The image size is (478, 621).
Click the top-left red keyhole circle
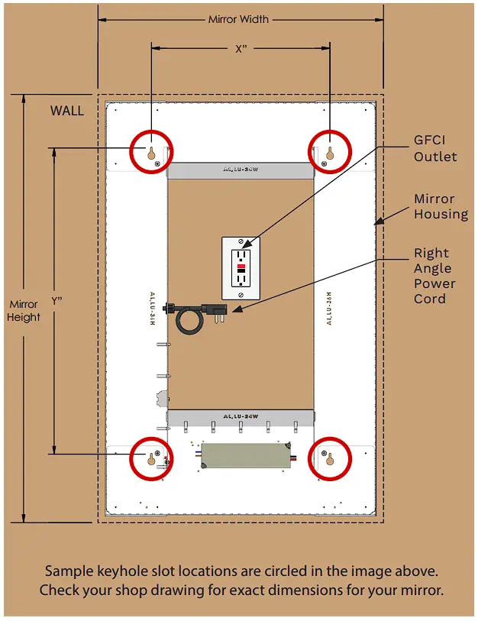[151, 151]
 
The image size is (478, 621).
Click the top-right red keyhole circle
[330, 151]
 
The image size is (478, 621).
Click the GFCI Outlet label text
[435, 149]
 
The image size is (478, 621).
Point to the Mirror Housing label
[441, 206]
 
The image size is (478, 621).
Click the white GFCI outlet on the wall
[242, 267]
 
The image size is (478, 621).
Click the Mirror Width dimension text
[239, 19]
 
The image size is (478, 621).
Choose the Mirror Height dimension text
[24, 310]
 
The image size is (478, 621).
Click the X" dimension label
[241, 49]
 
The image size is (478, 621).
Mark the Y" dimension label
[57, 301]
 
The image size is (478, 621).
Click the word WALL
[67, 111]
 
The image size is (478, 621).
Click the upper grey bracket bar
[240, 170]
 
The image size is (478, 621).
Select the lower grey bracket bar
[240, 417]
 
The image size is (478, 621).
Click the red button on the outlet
[242, 268]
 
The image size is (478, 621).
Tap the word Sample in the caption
[66, 571]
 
